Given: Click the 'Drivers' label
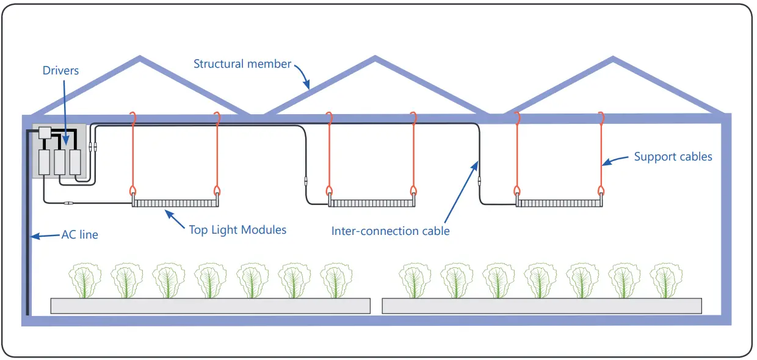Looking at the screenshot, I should [60, 71].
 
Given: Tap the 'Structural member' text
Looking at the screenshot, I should [242, 63].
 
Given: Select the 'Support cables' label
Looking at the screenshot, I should [673, 157].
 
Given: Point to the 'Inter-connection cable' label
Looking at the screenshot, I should [390, 231].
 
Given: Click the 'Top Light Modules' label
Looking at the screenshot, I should [237, 229].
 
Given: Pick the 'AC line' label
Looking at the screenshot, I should [79, 234].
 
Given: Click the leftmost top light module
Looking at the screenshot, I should [176, 203].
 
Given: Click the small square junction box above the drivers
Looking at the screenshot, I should [45, 132].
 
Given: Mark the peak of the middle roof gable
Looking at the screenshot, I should [374, 60].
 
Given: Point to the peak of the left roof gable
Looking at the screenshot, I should [140, 60].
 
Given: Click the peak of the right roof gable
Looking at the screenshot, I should [612, 60].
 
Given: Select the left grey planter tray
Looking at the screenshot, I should [210, 306].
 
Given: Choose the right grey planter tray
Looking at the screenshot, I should [541, 306].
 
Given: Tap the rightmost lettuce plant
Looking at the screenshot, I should [665, 280].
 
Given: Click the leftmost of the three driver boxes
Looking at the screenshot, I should [45, 163].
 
